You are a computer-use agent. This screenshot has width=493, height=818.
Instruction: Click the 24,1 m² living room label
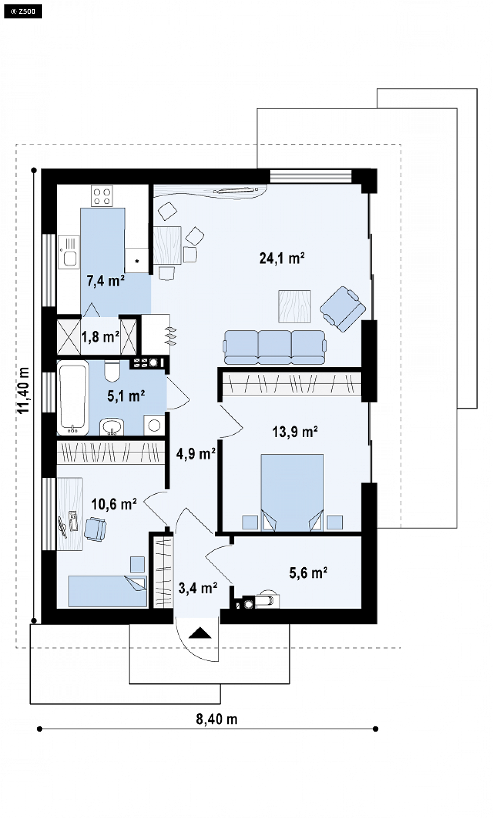tap(282, 258)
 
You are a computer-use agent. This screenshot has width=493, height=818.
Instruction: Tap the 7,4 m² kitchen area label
tap(105, 280)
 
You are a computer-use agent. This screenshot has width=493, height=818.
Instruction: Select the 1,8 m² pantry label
tap(100, 337)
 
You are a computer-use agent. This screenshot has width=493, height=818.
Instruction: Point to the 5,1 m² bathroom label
tap(126, 396)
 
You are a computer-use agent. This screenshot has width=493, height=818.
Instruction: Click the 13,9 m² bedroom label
tap(295, 432)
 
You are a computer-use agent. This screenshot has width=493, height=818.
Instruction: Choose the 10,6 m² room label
tap(114, 504)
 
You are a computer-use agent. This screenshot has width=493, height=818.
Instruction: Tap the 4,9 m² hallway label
tap(196, 454)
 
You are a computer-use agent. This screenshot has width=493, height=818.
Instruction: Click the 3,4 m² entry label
tap(198, 588)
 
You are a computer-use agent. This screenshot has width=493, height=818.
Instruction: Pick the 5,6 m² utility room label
tap(308, 573)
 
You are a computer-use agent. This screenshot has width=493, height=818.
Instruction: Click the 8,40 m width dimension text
tap(217, 719)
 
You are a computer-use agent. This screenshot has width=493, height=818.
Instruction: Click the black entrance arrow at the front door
tap(200, 633)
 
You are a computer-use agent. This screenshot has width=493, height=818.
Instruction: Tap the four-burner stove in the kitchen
tap(102, 196)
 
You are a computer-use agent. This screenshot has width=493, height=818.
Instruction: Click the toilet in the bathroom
tap(112, 371)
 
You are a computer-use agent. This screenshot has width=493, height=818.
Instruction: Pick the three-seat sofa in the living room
tap(275, 347)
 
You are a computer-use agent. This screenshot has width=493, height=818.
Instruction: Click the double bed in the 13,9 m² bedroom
tap(292, 493)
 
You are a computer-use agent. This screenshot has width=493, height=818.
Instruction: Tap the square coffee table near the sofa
tap(294, 306)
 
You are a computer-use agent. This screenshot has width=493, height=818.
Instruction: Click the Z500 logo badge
tap(23, 11)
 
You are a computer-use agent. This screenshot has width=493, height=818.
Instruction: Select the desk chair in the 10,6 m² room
tap(95, 529)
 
